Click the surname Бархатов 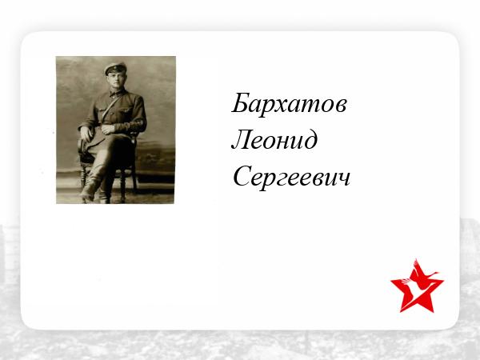[x=289, y=104]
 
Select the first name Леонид [x=274, y=140]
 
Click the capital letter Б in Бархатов [x=239, y=102]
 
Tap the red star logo [x=417, y=286]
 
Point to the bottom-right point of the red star [x=433, y=312]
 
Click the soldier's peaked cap [x=115, y=68]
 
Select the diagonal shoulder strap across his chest [x=112, y=107]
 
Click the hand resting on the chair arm [x=86, y=134]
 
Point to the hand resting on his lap [x=108, y=129]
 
